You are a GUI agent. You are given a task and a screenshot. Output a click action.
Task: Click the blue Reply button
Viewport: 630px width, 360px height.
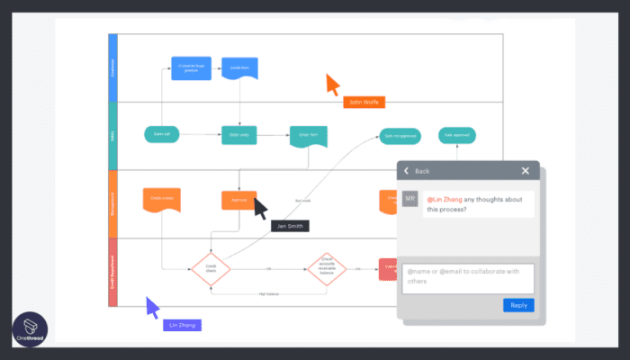(518, 305)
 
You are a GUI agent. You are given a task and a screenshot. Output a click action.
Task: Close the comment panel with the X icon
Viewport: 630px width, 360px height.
(526, 171)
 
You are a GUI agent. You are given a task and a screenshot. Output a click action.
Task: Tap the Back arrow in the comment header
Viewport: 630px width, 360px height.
(407, 171)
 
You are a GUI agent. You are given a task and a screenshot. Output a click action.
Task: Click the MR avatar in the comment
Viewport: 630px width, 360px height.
(410, 199)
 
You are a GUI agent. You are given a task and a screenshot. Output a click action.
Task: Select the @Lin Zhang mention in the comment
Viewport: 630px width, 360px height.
(445, 199)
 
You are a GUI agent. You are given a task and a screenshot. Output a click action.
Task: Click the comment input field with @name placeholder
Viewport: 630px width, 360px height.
(468, 276)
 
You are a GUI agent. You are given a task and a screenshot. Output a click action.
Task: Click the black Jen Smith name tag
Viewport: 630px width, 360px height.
(290, 225)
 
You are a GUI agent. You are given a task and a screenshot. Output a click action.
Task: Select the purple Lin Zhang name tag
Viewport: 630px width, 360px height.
(182, 324)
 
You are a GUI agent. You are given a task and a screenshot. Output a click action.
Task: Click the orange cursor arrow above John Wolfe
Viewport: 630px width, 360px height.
(332, 85)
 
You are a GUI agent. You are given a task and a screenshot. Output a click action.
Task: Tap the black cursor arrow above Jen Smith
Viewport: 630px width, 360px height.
(260, 208)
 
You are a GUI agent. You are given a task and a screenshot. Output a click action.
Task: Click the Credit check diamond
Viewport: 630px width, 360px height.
(211, 267)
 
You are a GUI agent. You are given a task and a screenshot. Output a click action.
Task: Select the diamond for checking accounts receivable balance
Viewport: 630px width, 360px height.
(327, 267)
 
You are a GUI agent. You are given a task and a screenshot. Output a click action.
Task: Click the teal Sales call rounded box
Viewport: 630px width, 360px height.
(162, 135)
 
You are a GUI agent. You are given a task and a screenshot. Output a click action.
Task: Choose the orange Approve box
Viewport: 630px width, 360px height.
(238, 200)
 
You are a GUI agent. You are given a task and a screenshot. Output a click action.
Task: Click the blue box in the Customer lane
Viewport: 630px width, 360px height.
(190, 68)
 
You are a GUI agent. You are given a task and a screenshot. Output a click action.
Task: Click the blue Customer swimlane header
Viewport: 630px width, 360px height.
(113, 68)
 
